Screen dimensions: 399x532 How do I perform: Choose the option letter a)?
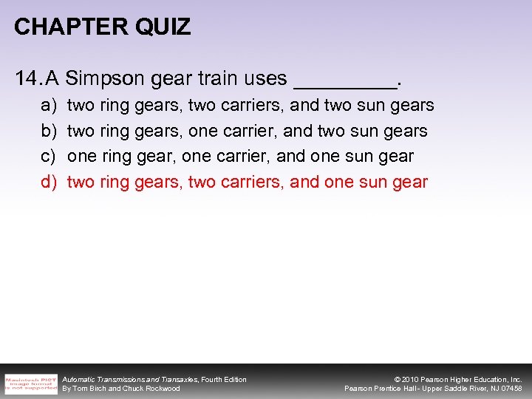tap(49, 106)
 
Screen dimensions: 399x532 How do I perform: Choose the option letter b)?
tap(49, 132)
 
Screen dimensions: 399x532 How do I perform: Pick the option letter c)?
tap(49, 157)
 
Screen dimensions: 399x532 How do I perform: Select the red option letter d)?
tap(49, 182)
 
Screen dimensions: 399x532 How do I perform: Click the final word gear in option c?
tap(396, 157)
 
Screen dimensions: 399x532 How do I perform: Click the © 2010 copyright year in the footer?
tap(407, 379)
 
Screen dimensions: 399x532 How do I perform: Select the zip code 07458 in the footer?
tap(511, 389)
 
